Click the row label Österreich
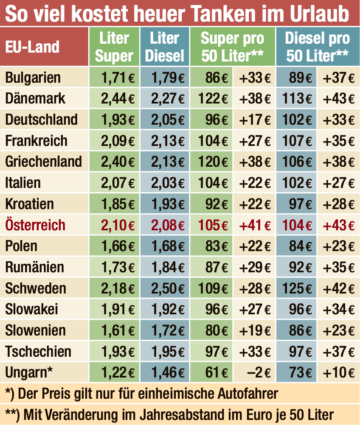point(35,225)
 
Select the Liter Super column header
point(114,47)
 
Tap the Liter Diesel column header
point(165,47)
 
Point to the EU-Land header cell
point(32,47)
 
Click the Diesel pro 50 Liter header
point(317,47)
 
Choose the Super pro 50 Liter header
point(232,47)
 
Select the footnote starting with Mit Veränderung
point(170,414)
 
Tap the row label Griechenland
point(43,162)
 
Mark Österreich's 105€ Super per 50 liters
point(214,225)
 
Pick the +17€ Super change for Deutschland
point(255,120)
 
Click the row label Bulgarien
point(33,78)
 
